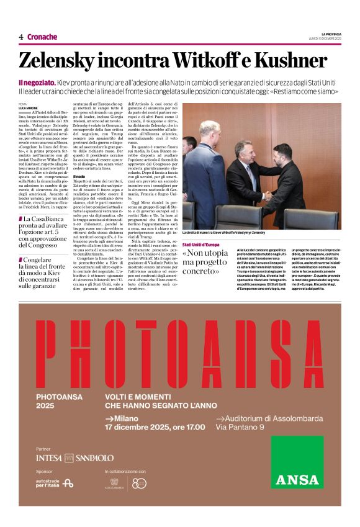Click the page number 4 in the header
click(21, 37)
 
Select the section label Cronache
click(42, 37)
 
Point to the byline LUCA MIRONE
click(28, 107)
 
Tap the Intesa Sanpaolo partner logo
click(74, 457)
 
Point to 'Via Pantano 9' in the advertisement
click(240, 426)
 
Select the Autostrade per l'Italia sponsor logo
click(55, 482)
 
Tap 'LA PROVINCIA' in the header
click(331, 34)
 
